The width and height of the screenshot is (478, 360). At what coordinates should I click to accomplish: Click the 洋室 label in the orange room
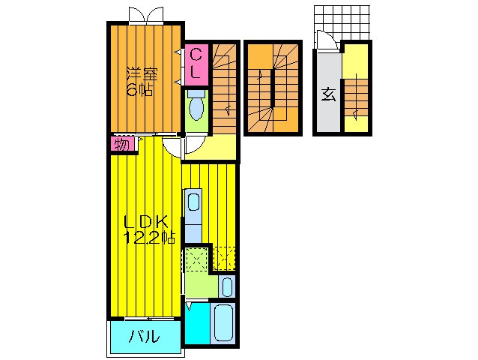[142, 74]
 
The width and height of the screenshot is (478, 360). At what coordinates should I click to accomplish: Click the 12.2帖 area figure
[150, 238]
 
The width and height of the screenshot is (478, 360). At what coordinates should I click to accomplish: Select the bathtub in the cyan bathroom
[223, 323]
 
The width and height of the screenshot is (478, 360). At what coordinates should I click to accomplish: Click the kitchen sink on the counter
[193, 201]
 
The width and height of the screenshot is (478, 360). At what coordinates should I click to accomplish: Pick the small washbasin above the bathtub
[228, 286]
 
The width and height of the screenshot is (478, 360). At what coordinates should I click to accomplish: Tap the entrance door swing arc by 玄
[324, 41]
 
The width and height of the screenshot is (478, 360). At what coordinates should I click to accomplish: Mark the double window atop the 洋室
[145, 14]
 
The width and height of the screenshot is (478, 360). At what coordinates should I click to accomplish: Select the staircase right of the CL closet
[224, 86]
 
